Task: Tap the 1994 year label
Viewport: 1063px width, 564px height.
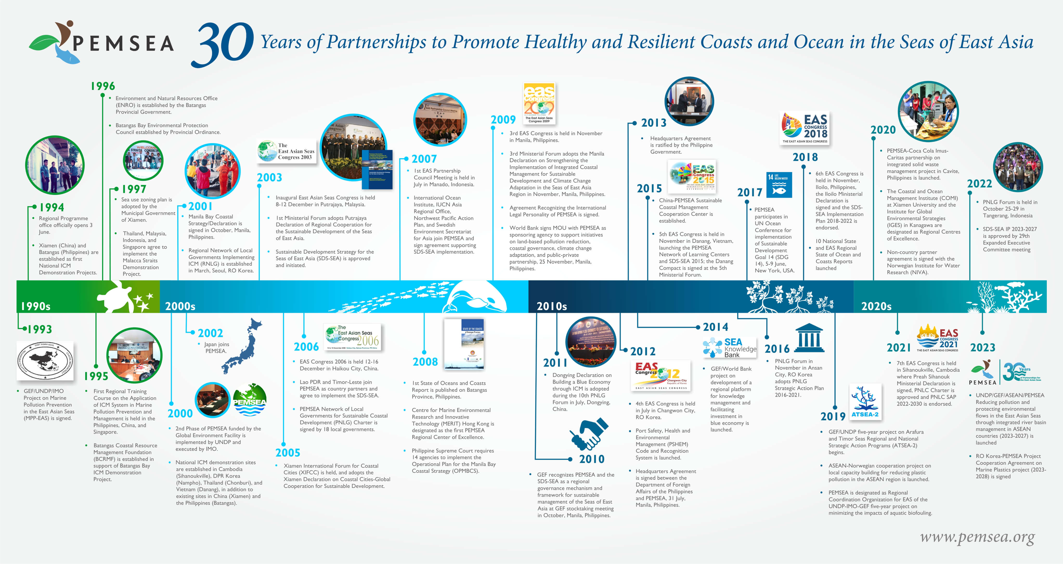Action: pos(51,207)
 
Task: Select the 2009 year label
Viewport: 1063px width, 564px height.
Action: pos(503,120)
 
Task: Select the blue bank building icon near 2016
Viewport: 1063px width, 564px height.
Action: pos(808,338)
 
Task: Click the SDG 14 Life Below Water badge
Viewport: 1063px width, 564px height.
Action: pos(779,185)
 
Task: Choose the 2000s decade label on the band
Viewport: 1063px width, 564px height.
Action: pos(180,306)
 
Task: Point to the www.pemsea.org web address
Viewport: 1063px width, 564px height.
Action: pos(977,537)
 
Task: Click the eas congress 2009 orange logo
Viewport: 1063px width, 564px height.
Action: pos(539,103)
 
